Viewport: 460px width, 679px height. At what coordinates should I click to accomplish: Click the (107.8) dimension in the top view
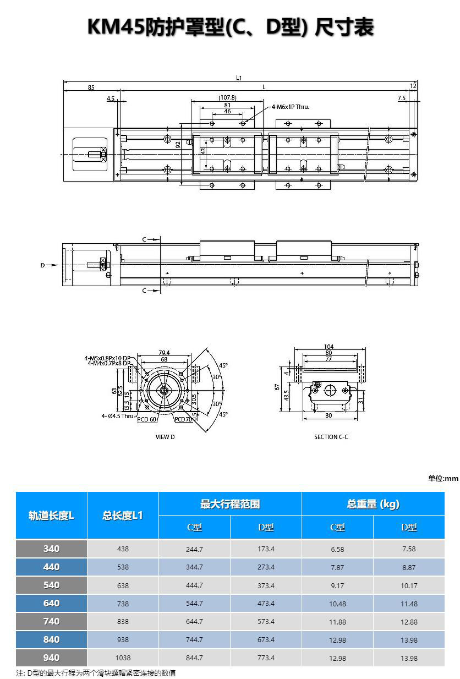(227, 97)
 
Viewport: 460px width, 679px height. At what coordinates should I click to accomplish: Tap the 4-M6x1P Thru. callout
(291, 107)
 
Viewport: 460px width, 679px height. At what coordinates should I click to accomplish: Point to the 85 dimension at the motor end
(91, 87)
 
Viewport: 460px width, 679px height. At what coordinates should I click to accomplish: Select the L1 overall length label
(239, 78)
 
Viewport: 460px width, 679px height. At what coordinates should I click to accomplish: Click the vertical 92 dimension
(178, 145)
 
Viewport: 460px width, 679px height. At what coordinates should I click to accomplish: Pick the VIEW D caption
(165, 437)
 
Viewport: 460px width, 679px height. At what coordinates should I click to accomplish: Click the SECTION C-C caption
(331, 437)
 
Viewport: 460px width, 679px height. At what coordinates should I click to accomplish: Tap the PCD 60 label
(146, 419)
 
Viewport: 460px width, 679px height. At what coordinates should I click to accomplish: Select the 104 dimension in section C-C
(329, 347)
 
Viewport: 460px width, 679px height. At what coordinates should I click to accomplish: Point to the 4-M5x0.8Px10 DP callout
(107, 358)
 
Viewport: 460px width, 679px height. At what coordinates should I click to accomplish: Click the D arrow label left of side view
(42, 265)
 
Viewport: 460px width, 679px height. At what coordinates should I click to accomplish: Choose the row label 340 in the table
(52, 549)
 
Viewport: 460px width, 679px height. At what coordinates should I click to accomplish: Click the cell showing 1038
(123, 658)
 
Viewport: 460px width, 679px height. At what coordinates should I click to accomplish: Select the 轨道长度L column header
(51, 516)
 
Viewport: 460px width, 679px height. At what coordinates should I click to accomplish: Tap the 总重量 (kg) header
(373, 504)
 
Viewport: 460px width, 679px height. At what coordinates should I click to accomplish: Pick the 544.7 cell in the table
(194, 603)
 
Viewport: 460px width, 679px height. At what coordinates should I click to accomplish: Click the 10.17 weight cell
(409, 585)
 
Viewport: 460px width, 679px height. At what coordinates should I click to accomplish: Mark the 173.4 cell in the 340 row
(266, 549)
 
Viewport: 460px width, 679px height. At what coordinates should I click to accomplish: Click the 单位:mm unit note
(443, 478)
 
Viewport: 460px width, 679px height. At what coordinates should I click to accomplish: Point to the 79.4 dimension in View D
(164, 353)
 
